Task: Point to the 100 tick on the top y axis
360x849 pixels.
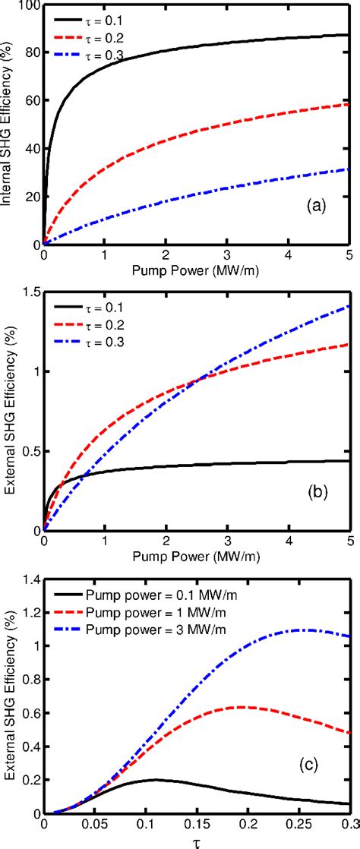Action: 27,8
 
